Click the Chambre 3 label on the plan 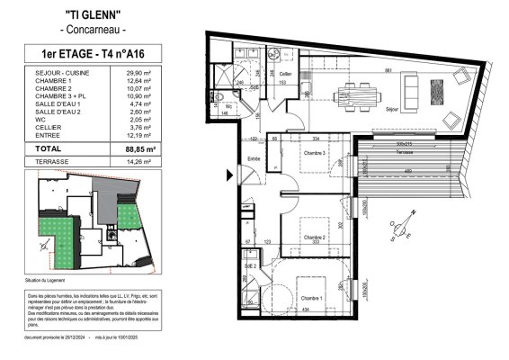[x=314, y=153]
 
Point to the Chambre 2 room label [x=313, y=237]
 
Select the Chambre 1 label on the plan [x=313, y=298]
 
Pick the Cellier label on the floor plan [x=285, y=74]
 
